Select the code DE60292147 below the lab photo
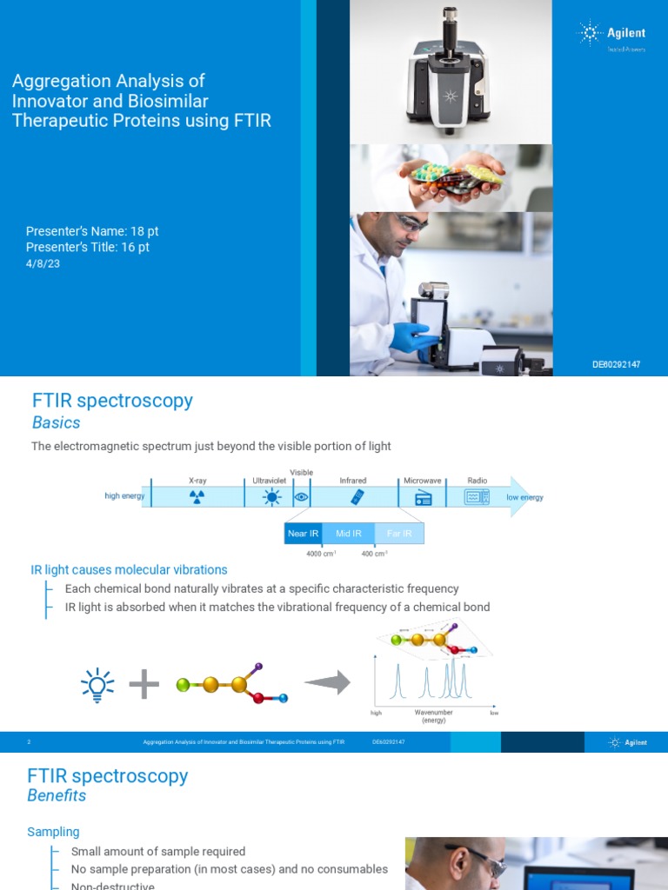coord(616,363)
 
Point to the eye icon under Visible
coord(301,497)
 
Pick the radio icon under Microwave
coord(424,497)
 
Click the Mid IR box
coord(349,533)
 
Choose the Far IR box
coord(399,533)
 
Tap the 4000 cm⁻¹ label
coord(321,555)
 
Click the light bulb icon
coord(97,685)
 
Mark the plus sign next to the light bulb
coord(144,686)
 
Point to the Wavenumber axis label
coord(433,713)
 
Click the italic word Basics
coord(56,423)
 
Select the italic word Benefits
coord(57,795)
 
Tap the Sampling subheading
coord(53,833)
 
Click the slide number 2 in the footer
coord(29,742)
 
